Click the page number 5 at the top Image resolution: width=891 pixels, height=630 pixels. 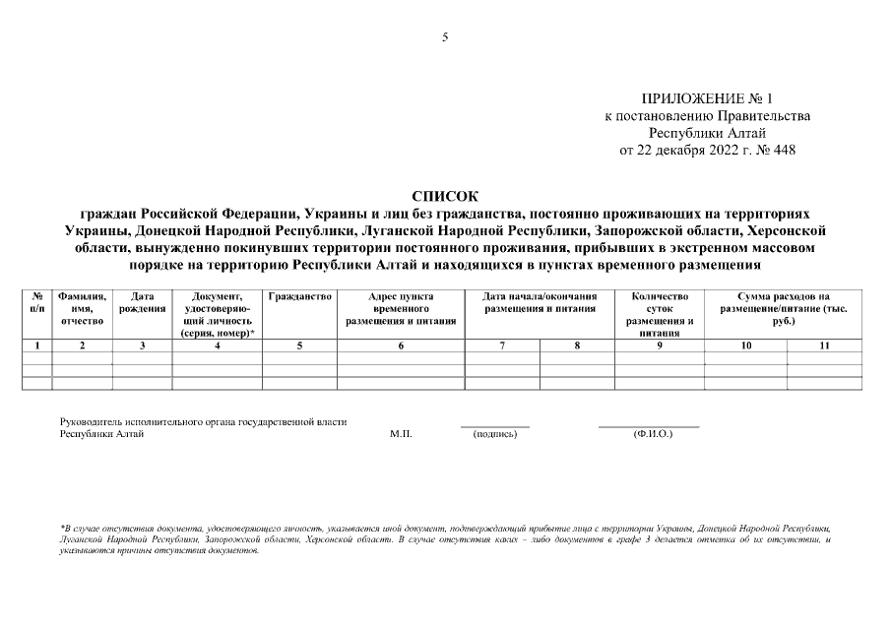[x=445, y=37]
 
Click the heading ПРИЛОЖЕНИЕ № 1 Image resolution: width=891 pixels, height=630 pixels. [x=707, y=99]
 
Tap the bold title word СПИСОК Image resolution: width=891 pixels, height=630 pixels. [x=445, y=196]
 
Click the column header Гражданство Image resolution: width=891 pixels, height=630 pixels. [x=299, y=296]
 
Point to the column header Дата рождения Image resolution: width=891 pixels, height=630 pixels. [x=143, y=302]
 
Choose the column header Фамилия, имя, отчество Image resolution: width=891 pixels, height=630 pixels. [x=82, y=308]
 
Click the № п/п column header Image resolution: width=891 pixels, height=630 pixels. [x=36, y=302]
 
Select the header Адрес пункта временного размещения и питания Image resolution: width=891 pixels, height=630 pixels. [x=401, y=308]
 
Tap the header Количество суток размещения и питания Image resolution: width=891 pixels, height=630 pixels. [x=660, y=314]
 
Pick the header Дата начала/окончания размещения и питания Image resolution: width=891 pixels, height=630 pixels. [x=541, y=302]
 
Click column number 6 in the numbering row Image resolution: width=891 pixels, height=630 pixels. [x=401, y=346]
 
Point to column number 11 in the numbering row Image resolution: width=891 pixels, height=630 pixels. [x=824, y=346]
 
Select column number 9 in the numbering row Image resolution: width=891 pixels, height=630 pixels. [x=660, y=346]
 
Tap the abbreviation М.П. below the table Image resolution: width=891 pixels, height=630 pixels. [x=401, y=434]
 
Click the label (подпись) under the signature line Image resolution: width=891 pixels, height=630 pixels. [x=494, y=434]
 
